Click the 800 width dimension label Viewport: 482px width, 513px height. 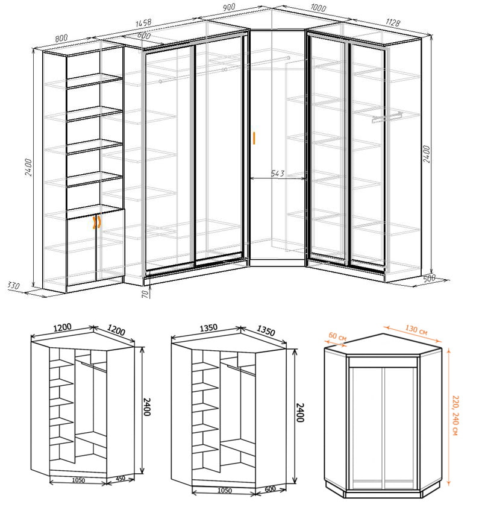point(61,37)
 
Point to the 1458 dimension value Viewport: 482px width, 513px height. point(143,24)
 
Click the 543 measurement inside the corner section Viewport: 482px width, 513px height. point(277,174)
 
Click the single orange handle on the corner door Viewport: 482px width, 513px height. point(255,138)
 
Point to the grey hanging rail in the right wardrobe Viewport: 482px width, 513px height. point(386,116)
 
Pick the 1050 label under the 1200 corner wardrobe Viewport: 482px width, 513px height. point(77,480)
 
